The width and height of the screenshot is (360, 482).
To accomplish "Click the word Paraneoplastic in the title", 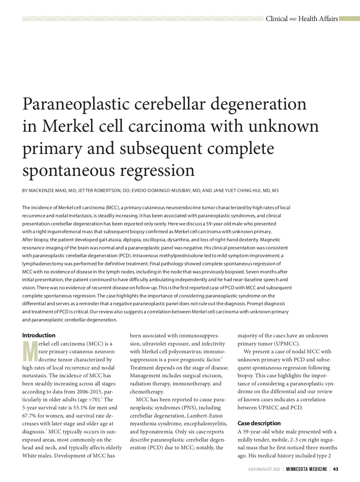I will click(x=75, y=104).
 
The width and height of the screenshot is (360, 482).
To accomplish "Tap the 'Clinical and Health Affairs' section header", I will click(x=302, y=19).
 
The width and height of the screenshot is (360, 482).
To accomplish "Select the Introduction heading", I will click(x=39, y=335).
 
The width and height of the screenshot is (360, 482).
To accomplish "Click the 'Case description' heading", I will click(x=259, y=423).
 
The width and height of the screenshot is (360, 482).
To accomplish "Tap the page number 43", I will click(x=336, y=469).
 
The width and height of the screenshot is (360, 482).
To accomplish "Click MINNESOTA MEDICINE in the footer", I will click(x=306, y=469).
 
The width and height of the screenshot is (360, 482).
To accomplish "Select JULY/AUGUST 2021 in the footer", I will click(x=264, y=469).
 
